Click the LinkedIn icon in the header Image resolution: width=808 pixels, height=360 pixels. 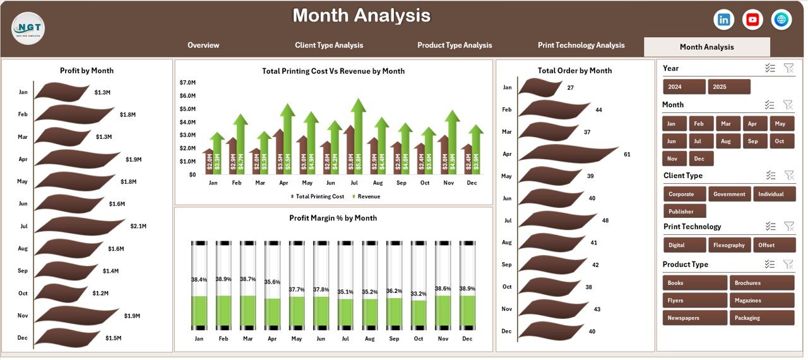[723, 20]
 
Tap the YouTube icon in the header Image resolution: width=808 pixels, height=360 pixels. [752, 20]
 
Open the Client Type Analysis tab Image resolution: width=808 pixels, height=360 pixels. [329, 45]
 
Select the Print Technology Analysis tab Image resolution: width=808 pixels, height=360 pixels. [581, 45]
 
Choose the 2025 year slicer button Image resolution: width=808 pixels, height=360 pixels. [729, 87]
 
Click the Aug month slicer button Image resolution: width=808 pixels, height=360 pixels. [727, 141]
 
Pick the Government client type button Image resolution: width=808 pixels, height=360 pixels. [729, 194]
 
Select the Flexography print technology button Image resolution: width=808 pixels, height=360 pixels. [729, 245]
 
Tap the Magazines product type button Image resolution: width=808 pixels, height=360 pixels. [761, 301]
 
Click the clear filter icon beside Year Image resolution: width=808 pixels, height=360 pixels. [788, 68]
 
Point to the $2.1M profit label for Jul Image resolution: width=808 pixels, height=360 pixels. [138, 226]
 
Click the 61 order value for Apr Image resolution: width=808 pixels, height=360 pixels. [627, 154]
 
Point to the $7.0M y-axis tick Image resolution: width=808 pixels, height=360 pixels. [187, 83]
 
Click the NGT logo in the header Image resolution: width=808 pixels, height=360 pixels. [28, 26]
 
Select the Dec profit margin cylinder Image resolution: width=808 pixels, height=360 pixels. [467, 285]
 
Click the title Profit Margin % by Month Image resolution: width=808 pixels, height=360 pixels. [333, 218]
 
